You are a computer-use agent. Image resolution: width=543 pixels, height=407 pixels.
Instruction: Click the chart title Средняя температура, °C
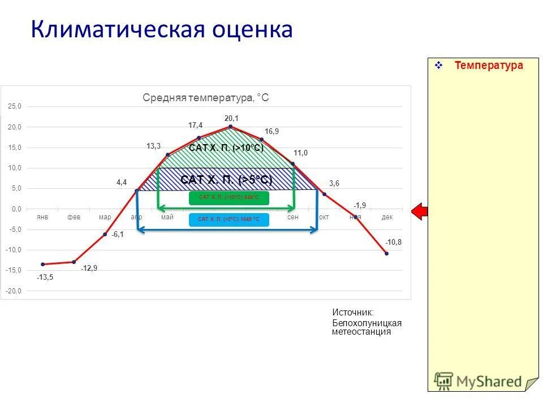[206, 98]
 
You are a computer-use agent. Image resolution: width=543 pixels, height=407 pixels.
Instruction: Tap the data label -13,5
[45, 278]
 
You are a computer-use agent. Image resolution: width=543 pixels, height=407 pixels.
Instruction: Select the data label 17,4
[196, 125]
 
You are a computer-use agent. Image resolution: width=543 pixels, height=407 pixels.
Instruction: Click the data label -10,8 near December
[394, 242]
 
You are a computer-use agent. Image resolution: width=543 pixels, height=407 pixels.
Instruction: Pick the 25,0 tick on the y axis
[14, 106]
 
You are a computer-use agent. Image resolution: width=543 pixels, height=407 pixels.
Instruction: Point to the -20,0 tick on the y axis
[14, 291]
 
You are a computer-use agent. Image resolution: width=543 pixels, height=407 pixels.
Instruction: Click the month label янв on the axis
[42, 217]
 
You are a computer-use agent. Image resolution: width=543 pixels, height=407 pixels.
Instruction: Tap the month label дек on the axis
[386, 217]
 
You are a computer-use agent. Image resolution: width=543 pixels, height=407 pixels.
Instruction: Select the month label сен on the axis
[292, 217]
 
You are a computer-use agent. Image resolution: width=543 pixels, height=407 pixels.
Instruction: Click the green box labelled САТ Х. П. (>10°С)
[229, 198]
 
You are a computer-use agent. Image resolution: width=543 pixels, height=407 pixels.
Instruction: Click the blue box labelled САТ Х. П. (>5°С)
[229, 219]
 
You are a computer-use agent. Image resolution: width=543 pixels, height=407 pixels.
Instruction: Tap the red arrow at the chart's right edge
[419, 211]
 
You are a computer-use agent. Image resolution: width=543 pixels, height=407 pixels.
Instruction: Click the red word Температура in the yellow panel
[489, 66]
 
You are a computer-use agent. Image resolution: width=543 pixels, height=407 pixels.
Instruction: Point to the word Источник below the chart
[352, 312]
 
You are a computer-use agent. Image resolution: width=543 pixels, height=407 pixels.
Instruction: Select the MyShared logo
[479, 381]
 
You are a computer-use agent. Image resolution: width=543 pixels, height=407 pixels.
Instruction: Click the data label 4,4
[122, 182]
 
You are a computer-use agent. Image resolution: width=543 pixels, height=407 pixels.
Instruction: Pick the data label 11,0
[300, 153]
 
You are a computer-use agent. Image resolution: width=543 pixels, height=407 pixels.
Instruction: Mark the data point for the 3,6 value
[324, 194]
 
